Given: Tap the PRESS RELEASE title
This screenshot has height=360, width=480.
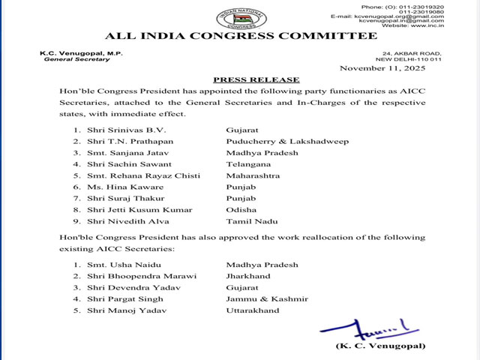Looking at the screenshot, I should pos(256,79).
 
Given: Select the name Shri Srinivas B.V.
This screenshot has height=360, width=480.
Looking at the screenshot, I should pos(124,129).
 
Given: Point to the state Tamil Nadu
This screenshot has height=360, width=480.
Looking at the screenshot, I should pos(251,221).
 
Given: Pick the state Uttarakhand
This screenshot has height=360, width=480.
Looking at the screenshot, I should pos(253,310).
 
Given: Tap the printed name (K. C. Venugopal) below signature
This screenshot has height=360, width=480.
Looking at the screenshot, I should pos(381,346).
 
